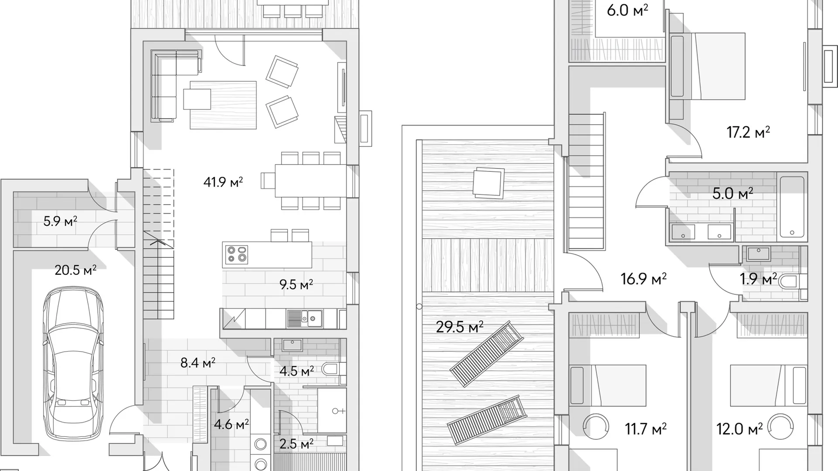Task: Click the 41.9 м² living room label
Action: tap(223, 181)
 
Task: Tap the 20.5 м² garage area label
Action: tap(76, 270)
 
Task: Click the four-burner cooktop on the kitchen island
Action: tap(237, 255)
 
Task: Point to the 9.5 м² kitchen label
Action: tap(296, 284)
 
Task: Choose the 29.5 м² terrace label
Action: tap(460, 326)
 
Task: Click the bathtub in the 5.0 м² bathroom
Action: tap(792, 207)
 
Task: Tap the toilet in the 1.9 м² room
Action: tap(793, 281)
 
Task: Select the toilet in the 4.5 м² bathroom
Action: tap(333, 370)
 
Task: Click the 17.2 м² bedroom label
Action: tap(748, 132)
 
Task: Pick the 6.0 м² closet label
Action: tap(627, 10)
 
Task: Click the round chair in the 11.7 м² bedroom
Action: tap(596, 427)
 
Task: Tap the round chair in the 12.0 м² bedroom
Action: tap(780, 427)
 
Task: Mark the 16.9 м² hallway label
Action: tap(643, 278)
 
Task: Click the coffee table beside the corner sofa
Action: tap(197, 99)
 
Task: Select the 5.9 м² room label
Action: tap(60, 221)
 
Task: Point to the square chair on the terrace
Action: tap(488, 183)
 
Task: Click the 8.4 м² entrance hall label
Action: tap(198, 362)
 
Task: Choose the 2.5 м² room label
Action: tap(296, 444)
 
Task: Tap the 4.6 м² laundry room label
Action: tap(231, 424)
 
